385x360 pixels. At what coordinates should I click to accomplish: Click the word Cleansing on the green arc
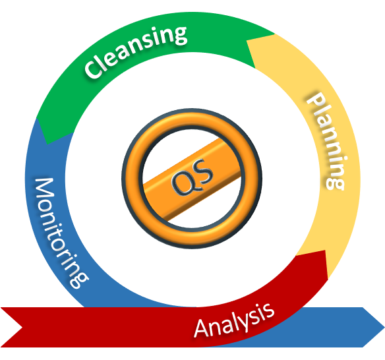click(x=136, y=52)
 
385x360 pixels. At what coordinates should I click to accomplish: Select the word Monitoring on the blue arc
click(x=60, y=232)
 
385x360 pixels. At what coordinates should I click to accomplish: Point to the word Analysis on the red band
click(x=234, y=320)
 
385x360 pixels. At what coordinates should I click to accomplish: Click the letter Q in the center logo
click(x=182, y=183)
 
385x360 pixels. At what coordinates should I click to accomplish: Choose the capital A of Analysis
click(x=202, y=328)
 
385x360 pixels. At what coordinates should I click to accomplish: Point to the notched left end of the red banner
click(x=22, y=327)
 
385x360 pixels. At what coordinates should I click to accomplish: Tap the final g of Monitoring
click(x=79, y=280)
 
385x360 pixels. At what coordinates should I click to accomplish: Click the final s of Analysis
click(x=269, y=310)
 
